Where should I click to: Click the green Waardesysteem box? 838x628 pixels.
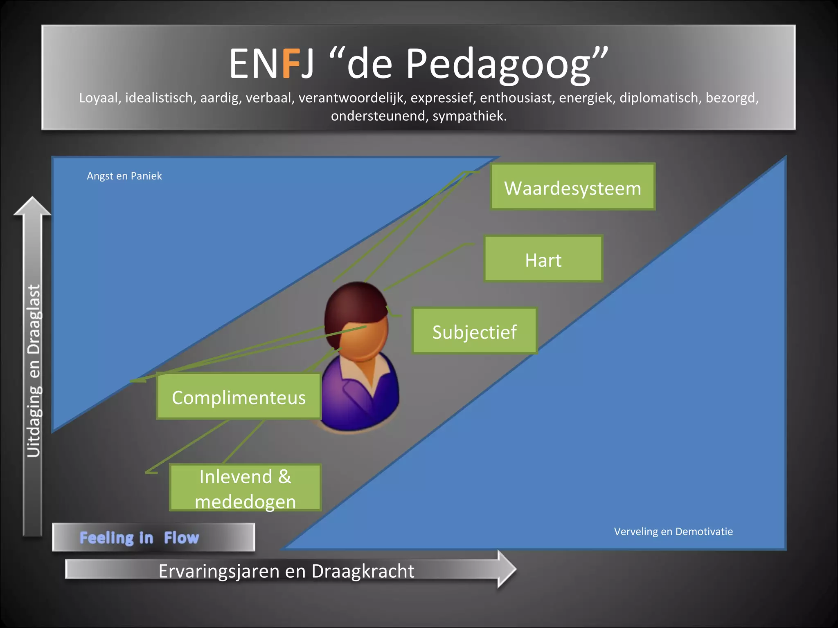tap(572, 187)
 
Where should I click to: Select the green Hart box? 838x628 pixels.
tap(543, 259)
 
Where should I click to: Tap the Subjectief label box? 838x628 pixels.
tap(474, 331)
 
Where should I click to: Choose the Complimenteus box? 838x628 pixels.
tap(239, 397)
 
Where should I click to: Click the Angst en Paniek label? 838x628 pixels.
tap(124, 176)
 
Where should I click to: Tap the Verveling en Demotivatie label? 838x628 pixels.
tap(673, 532)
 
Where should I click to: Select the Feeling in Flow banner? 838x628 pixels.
tap(153, 537)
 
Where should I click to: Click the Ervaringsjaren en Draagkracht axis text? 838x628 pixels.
tap(286, 571)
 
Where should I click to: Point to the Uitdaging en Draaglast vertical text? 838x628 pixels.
tap(34, 370)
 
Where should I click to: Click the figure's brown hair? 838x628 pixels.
tap(352, 303)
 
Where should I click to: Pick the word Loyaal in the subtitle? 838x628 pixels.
tap(100, 98)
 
